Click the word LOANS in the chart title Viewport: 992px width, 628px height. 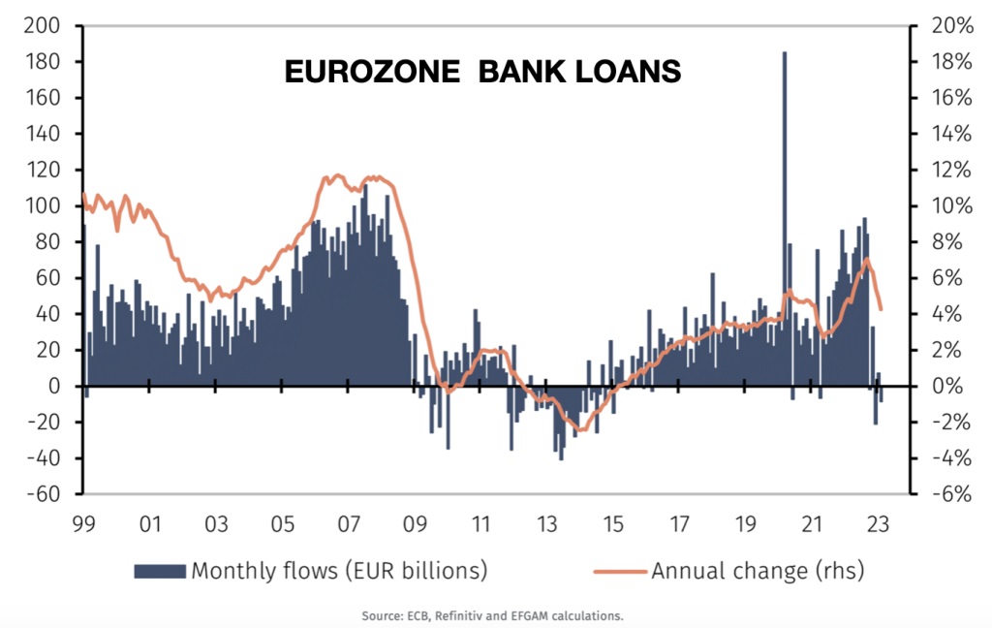coord(625,72)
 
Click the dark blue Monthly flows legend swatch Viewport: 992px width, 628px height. coord(160,571)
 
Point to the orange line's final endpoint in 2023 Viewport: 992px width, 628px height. coord(881,310)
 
